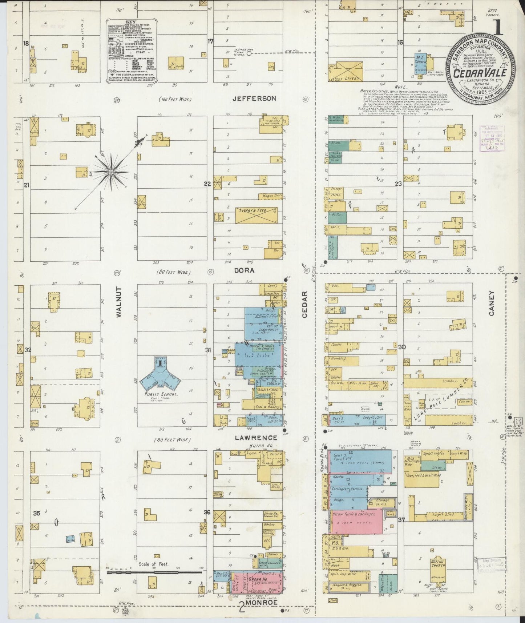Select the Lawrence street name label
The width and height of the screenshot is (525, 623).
tap(256, 438)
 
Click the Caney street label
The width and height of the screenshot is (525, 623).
tap(492, 303)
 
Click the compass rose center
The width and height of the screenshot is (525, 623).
tap(110, 171)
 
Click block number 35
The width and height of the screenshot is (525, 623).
tap(36, 513)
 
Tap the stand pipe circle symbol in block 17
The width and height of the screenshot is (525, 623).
tap(249, 53)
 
